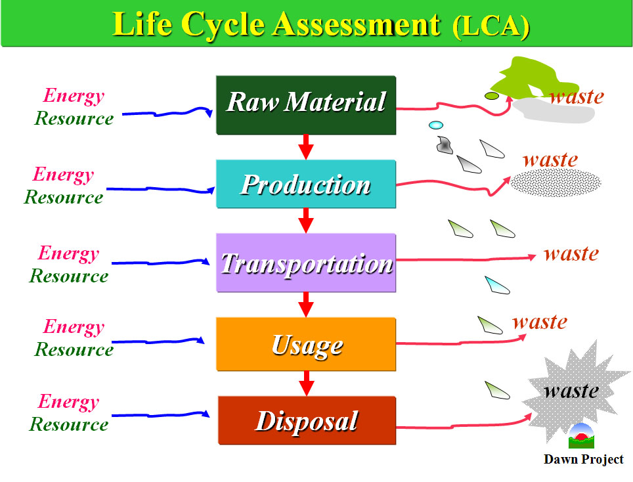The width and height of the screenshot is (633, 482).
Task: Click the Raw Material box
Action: point(306,105)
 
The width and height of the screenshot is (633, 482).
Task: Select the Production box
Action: point(306,184)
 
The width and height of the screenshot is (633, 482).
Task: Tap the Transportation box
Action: point(306,263)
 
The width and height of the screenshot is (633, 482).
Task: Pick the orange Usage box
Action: point(306,344)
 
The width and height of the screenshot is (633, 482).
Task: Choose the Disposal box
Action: point(307,420)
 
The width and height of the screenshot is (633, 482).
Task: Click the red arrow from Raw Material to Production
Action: point(306,146)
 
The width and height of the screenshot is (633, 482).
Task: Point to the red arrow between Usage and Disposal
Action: point(307,383)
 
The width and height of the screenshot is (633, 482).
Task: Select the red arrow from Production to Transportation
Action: point(306,221)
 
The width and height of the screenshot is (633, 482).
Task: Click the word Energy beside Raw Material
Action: point(74,96)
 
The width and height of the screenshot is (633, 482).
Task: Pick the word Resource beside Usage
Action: point(74,349)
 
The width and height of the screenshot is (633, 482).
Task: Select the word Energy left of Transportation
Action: point(69,253)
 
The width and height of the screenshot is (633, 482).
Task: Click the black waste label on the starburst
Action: point(571,391)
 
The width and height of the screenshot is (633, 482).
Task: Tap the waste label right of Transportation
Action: point(571,254)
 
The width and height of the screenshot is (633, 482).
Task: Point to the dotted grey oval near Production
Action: point(556,183)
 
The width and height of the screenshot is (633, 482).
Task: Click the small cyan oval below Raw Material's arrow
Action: point(436,125)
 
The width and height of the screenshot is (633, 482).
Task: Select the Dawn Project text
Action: point(583,460)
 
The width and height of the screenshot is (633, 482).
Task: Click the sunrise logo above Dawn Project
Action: point(581,436)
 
